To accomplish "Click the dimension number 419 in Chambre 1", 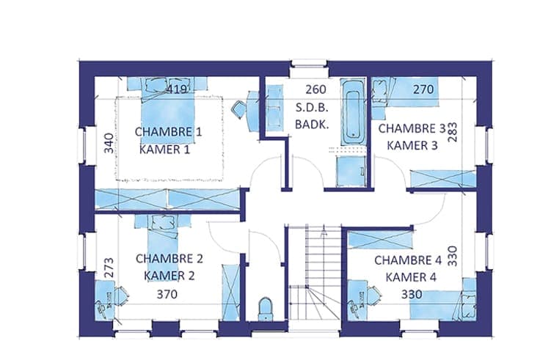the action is pyautogui.click(x=177, y=89).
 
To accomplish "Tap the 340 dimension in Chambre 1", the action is pyautogui.click(x=109, y=143).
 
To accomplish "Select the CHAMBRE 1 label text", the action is pyautogui.click(x=168, y=131).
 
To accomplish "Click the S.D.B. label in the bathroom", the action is pyautogui.click(x=312, y=107).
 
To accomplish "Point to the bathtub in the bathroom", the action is pyautogui.click(x=353, y=112).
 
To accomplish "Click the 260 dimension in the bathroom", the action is pyautogui.click(x=315, y=89).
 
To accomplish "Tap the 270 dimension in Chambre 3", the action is pyautogui.click(x=423, y=89).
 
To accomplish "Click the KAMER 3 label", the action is pyautogui.click(x=412, y=146).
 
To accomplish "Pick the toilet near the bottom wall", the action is pyautogui.click(x=265, y=309).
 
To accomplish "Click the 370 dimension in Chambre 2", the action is pyautogui.click(x=167, y=294).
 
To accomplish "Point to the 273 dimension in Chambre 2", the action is pyautogui.click(x=109, y=268).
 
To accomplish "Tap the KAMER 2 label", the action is pyautogui.click(x=169, y=276).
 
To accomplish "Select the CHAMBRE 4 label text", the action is pyautogui.click(x=408, y=260).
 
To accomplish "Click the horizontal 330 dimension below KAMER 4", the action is pyautogui.click(x=412, y=294).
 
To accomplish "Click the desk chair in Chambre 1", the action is pyautogui.click(x=238, y=109).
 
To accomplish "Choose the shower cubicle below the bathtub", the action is pyautogui.click(x=351, y=172).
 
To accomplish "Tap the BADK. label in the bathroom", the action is pyautogui.click(x=312, y=125).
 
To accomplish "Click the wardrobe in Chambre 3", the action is pyautogui.click(x=443, y=179).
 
